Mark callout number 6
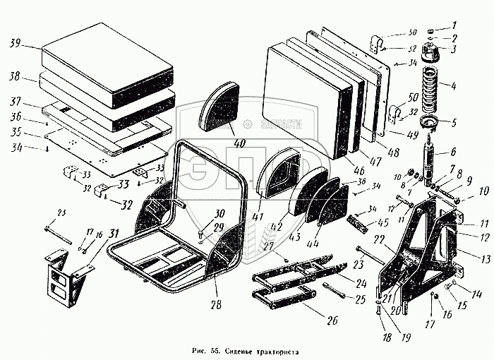point(452,151)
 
